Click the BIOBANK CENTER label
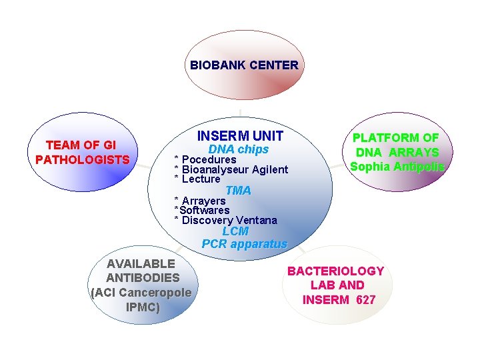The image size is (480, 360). (244, 65)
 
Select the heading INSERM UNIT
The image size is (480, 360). (240, 136)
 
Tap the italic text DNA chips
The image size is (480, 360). (239, 149)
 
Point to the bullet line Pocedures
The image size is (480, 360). (209, 160)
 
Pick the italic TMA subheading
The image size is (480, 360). (238, 191)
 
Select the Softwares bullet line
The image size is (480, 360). (202, 211)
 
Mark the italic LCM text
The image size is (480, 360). (235, 231)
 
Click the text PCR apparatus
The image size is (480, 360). (244, 244)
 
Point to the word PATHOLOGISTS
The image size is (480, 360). (82, 160)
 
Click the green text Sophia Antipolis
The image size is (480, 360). (397, 167)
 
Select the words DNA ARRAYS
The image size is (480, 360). (396, 153)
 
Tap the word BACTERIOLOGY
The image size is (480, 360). (335, 271)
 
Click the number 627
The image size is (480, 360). (365, 300)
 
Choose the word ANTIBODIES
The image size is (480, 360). (143, 278)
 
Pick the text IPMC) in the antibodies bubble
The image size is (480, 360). (143, 307)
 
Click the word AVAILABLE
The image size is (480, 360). (141, 263)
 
